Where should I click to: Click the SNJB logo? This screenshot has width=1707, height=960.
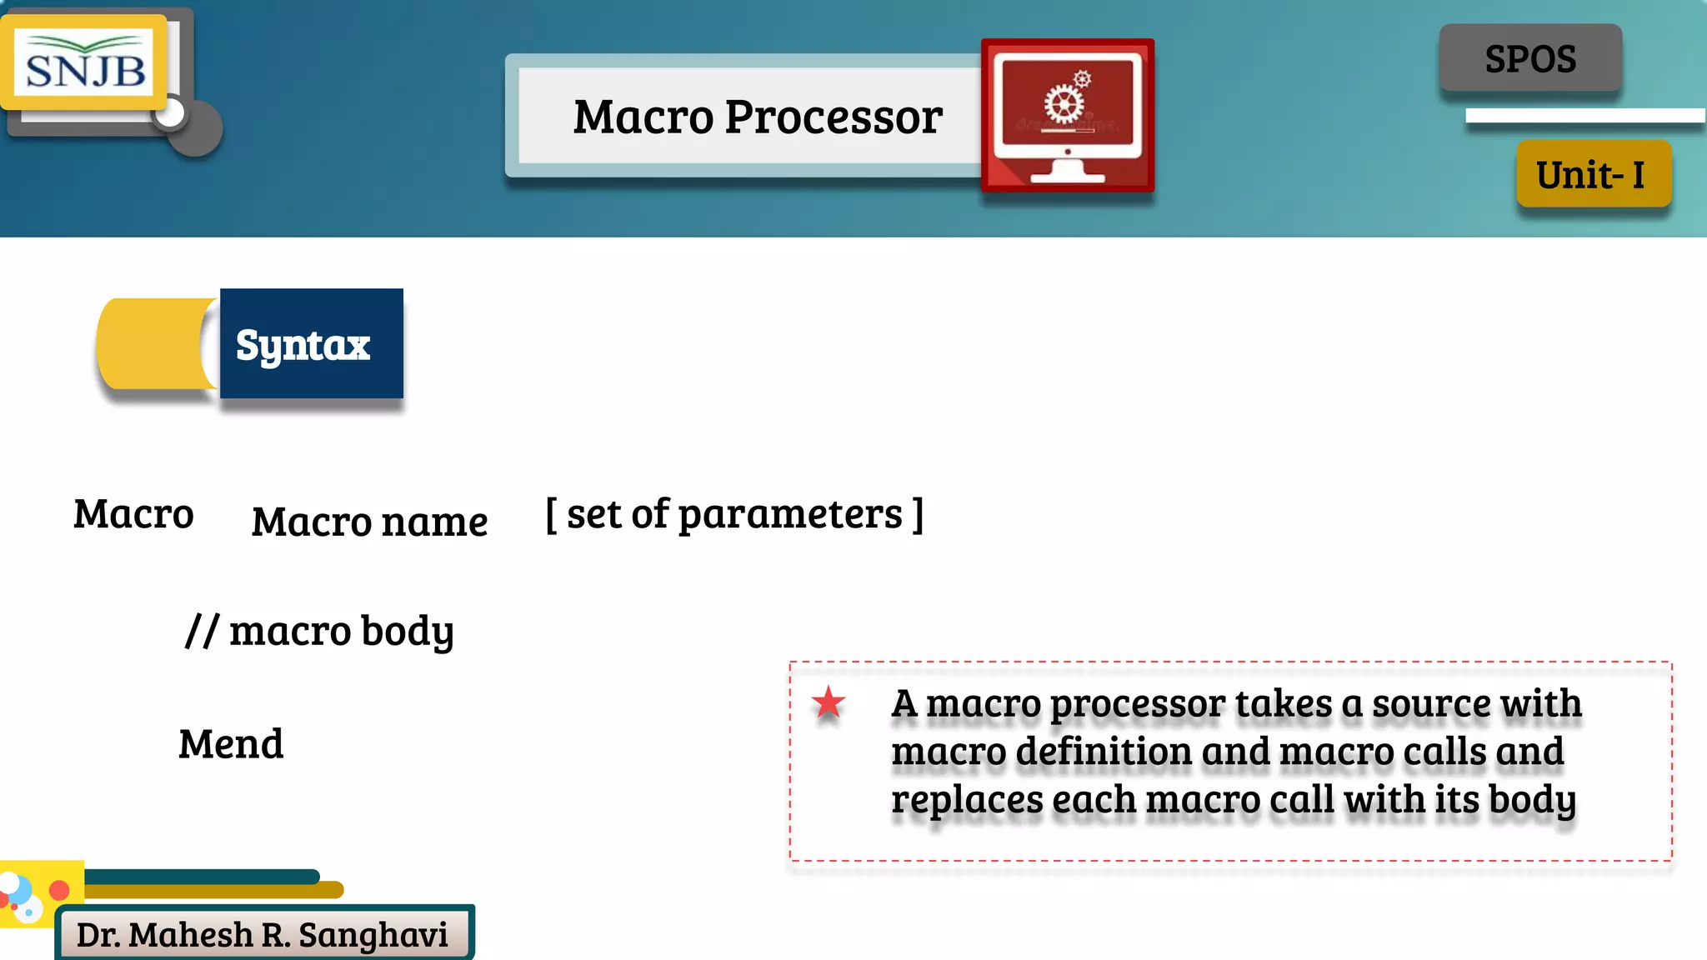pyautogui.click(x=84, y=63)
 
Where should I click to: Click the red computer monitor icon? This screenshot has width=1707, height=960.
pyautogui.click(x=1068, y=115)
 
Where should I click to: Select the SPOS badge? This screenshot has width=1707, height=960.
pyautogui.click(x=1530, y=58)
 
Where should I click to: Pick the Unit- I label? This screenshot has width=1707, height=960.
pyautogui.click(x=1593, y=174)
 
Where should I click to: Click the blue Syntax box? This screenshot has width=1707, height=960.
pyautogui.click(x=311, y=343)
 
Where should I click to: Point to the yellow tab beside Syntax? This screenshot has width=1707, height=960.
pyautogui.click(x=154, y=343)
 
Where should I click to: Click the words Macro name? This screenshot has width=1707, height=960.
pyautogui.click(x=369, y=522)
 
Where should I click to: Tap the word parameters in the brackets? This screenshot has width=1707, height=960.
pyautogui.click(x=790, y=514)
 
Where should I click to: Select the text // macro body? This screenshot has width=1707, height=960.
pyautogui.click(x=319, y=631)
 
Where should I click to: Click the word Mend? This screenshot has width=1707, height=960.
pyautogui.click(x=231, y=744)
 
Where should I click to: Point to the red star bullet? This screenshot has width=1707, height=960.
pyautogui.click(x=828, y=703)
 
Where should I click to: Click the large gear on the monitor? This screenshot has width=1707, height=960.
pyautogui.click(x=1064, y=106)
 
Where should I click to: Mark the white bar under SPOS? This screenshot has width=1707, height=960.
pyautogui.click(x=1584, y=116)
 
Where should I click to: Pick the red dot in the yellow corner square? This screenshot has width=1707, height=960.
pyautogui.click(x=59, y=890)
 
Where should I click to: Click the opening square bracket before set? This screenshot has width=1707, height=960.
pyautogui.click(x=551, y=514)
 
